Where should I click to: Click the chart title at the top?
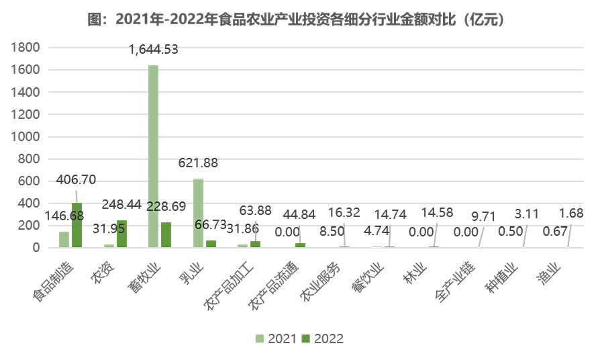(300, 19)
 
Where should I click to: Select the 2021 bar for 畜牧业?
(154, 156)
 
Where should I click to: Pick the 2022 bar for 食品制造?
(77, 225)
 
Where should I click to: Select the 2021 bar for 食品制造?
(64, 240)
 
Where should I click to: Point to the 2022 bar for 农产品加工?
(255, 244)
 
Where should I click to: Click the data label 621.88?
(198, 163)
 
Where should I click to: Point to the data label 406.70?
(77, 179)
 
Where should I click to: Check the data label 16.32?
(344, 212)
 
